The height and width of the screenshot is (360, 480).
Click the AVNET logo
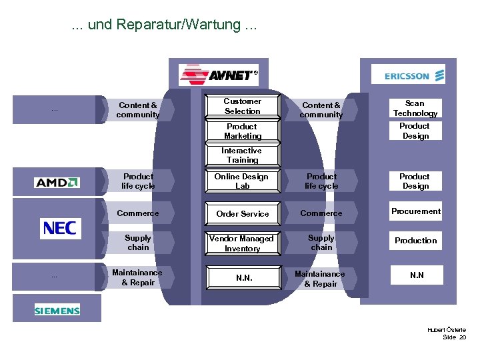click(x=219, y=73)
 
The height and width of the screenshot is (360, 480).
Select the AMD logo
click(x=57, y=182)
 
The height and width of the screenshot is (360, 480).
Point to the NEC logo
click(x=60, y=229)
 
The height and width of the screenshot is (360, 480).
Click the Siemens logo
click(x=57, y=310)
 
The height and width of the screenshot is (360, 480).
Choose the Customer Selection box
click(x=242, y=107)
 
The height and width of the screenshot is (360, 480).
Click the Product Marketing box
click(x=242, y=131)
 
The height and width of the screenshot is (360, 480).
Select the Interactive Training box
click(x=242, y=155)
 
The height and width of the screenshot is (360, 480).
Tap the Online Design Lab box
click(x=242, y=181)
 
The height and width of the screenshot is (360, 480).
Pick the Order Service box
click(x=242, y=213)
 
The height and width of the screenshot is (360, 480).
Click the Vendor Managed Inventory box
click(x=242, y=243)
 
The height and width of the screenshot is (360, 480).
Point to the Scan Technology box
click(x=415, y=108)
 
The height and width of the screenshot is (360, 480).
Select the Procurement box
click(x=415, y=211)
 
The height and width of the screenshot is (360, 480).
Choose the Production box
click(x=415, y=241)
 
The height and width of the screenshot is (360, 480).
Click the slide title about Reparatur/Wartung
click(x=163, y=25)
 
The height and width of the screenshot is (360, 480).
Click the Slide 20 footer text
click(x=454, y=338)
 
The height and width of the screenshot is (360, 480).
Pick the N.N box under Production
click(x=416, y=275)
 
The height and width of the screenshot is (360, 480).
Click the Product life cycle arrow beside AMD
click(x=139, y=181)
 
